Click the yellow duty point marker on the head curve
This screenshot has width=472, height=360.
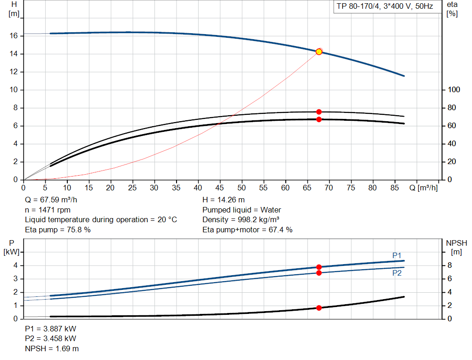pyautogui.click(x=319, y=52)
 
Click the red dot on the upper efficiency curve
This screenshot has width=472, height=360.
pyautogui.click(x=319, y=112)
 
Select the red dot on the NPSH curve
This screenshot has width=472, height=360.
pyautogui.click(x=319, y=308)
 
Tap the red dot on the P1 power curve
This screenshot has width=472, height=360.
pyautogui.click(x=319, y=267)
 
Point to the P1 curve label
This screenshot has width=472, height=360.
pyautogui.click(x=397, y=255)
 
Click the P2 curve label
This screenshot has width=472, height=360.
pyautogui.click(x=397, y=273)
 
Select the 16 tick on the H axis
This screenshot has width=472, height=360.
pyautogui.click(x=14, y=36)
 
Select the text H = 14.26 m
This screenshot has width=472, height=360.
pyautogui.click(x=224, y=200)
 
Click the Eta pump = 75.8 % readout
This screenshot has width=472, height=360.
pyautogui.click(x=58, y=230)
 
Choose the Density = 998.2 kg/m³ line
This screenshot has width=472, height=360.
pyautogui.click(x=241, y=219)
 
